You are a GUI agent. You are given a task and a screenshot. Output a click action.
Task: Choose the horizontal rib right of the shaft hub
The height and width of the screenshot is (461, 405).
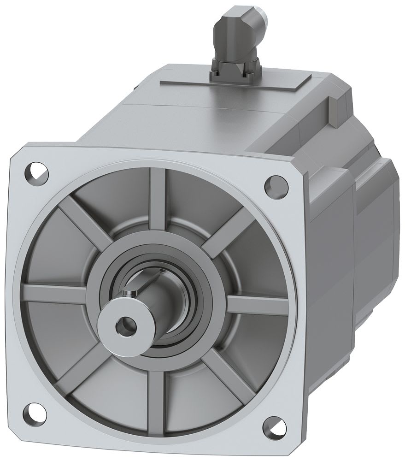(258, 305)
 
